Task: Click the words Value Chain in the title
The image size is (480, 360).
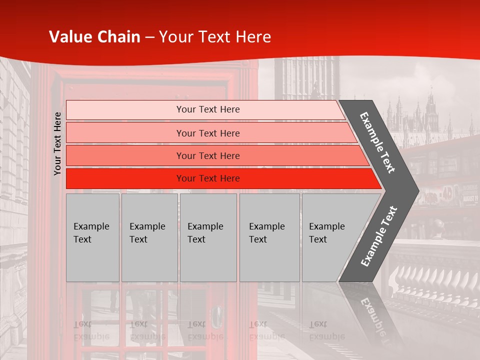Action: [x=94, y=37]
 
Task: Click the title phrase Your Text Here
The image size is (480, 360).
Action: [x=215, y=37]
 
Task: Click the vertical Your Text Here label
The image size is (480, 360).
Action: [x=57, y=143]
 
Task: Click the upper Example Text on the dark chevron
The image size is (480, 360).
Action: [x=377, y=142]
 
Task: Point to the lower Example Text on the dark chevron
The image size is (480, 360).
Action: [x=379, y=236]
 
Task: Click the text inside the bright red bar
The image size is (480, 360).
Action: [x=208, y=178]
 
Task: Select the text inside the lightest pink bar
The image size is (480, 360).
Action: [x=208, y=109]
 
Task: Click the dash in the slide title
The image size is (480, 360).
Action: [x=149, y=37]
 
